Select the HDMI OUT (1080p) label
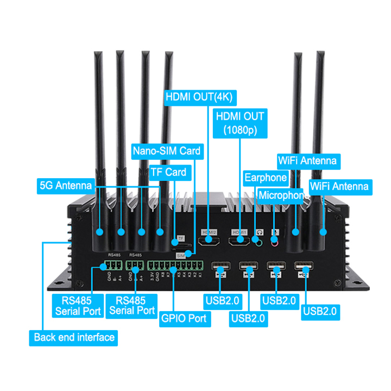pyautogui.click(x=239, y=123)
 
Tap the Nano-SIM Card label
pyautogui.click(x=167, y=150)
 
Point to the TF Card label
pyautogui.click(x=168, y=173)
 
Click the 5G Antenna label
pyautogui.click(x=66, y=185)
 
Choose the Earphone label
pyautogui.click(x=265, y=178)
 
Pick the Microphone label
pyautogui.click(x=281, y=195)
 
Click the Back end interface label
pyautogui.click(x=74, y=337)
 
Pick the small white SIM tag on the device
pyautogui.click(x=180, y=254)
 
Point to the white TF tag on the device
pyautogui.click(x=181, y=238)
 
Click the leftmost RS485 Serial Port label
pyautogui.click(x=78, y=306)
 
